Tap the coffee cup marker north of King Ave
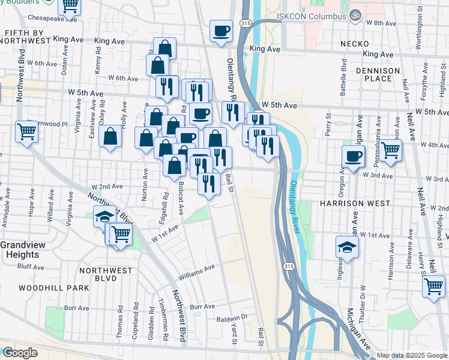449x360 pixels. click(x=221, y=31)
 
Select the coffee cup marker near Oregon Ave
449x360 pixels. click(x=354, y=156)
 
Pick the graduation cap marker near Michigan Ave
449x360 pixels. click(x=346, y=247)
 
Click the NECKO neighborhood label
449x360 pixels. click(x=354, y=44)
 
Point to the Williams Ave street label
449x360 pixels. click(x=196, y=273)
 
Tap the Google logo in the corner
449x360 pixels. click(x=20, y=353)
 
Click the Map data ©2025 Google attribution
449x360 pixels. click(x=412, y=355)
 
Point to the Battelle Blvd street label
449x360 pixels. click(x=344, y=78)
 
